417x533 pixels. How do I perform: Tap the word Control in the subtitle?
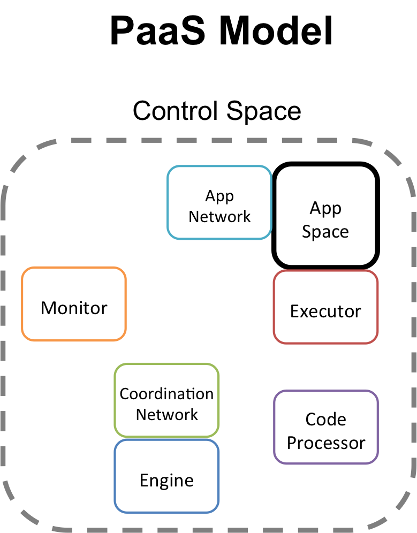[x=176, y=111]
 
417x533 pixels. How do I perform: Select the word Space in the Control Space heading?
[x=263, y=111]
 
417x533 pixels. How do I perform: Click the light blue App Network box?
[x=219, y=202]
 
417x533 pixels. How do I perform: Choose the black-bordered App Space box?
[x=325, y=215]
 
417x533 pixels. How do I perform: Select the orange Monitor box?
[x=74, y=303]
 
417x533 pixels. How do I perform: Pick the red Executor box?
[x=325, y=307]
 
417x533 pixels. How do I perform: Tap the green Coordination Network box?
[x=166, y=400]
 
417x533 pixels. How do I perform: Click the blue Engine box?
[x=166, y=476]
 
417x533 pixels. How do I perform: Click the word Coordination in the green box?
[x=166, y=394]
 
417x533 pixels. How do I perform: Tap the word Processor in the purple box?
[x=325, y=443]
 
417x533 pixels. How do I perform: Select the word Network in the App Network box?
[x=219, y=217]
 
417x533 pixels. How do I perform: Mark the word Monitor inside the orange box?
[x=74, y=308]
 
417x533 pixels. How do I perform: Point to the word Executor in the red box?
[x=325, y=311]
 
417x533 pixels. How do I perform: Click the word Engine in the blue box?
[x=166, y=481]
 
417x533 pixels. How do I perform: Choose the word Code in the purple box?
[x=325, y=419]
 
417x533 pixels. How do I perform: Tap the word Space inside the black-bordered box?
[x=325, y=231]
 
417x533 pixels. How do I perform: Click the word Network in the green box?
[x=166, y=415]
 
